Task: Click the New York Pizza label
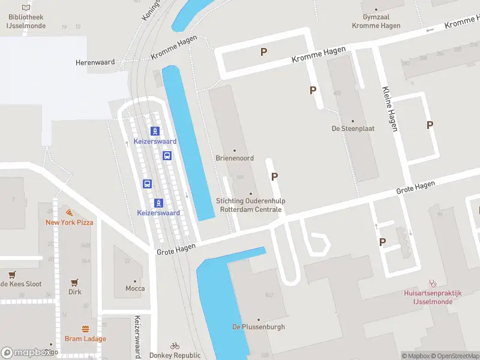point(70,222)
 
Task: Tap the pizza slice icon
point(70,212)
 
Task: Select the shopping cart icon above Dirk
point(75,282)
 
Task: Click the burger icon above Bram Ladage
point(85,329)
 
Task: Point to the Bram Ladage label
point(85,338)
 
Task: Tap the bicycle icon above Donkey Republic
point(175,346)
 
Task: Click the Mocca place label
point(135,289)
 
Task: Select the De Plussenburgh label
point(259,327)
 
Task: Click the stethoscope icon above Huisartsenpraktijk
point(433,283)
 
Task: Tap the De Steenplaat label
point(352,128)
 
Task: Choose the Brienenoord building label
point(235,158)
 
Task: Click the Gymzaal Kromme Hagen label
point(377,22)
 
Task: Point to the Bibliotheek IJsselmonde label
point(26,22)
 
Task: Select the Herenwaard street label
point(91,62)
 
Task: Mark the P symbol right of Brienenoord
point(275,176)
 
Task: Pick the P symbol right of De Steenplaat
point(430,125)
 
